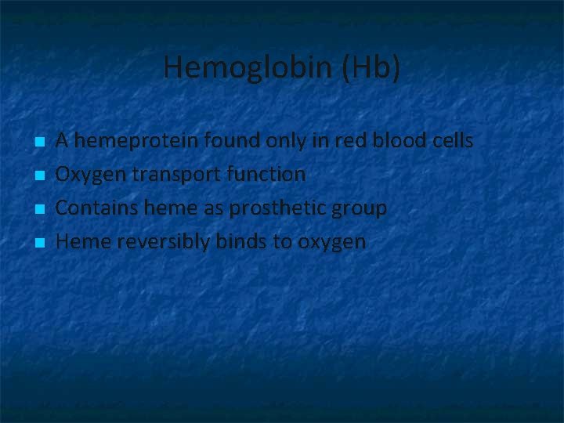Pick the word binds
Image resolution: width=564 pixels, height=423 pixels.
pyautogui.click(x=243, y=242)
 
